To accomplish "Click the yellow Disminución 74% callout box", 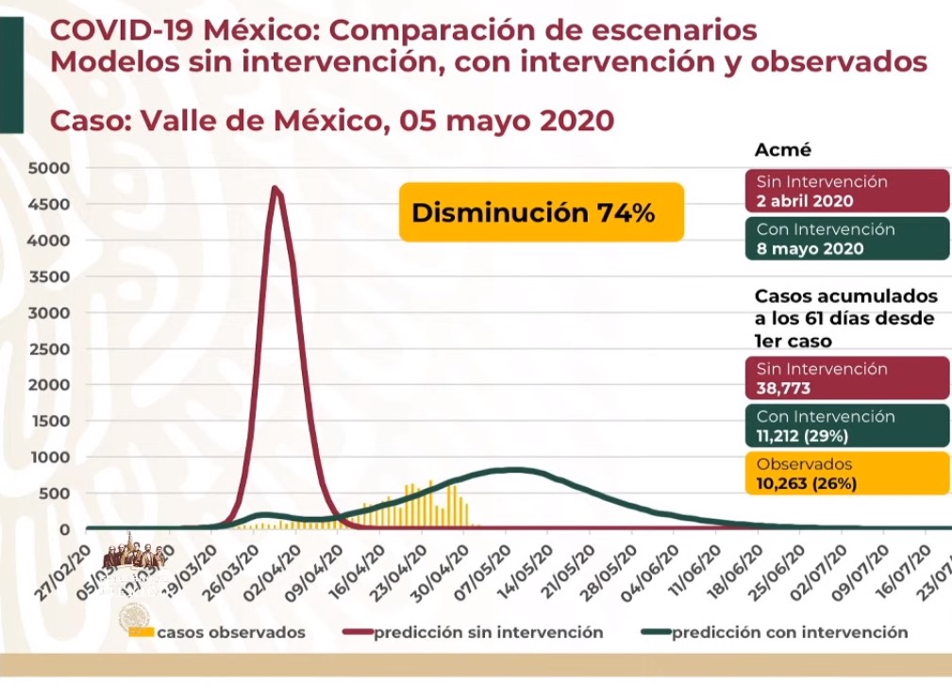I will (x=541, y=212).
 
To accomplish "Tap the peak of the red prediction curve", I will (x=276, y=188).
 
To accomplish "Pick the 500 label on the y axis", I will (x=57, y=493).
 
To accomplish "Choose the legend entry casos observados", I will (x=230, y=632).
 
